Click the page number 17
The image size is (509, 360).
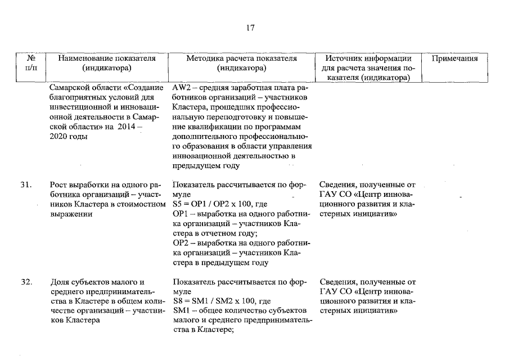coord(250,29)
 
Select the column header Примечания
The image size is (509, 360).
coord(454,58)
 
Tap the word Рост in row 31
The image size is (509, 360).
coord(59,184)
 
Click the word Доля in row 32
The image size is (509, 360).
coord(60,282)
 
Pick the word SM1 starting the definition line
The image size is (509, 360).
coord(182,310)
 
